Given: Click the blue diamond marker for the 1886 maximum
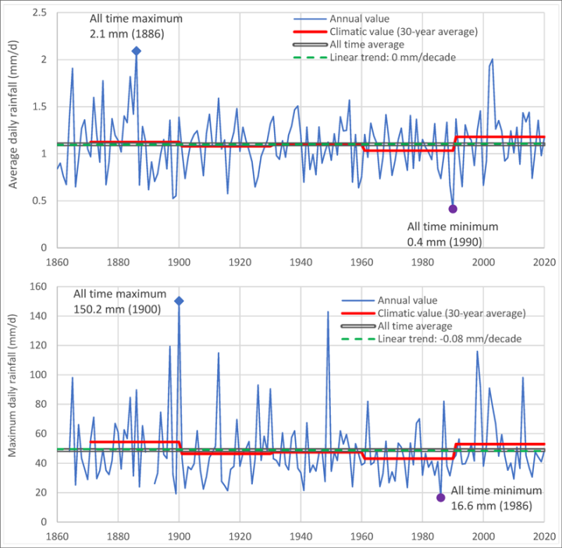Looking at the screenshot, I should point(137,51).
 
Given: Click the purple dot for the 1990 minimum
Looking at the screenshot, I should point(453,208).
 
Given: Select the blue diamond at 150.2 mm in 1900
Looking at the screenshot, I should point(179,301).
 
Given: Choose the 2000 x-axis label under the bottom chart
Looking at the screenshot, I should point(483,536).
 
